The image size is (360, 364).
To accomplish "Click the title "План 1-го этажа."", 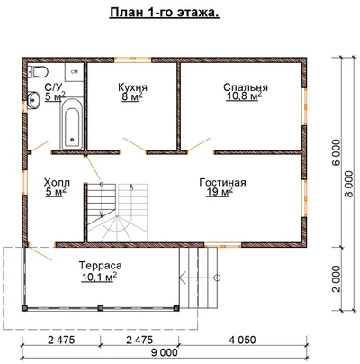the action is point(165,13).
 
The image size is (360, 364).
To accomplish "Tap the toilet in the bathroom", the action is point(38,72).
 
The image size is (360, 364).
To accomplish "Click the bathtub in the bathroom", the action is point(72,124).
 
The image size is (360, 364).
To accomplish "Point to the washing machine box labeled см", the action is point(74,72).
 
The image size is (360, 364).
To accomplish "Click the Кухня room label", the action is point(132,87).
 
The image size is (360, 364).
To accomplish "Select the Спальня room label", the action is point(246,87).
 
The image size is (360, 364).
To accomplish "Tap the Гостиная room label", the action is point(222,182).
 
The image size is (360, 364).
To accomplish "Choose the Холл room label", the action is point(57,182).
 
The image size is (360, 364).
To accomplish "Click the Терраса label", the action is point(101,266).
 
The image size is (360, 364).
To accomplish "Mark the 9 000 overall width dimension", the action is point(165,352).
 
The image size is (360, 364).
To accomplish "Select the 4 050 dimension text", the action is point(242,340).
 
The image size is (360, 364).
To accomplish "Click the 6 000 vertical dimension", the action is point(337,152).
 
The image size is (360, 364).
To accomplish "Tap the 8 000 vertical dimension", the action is point(349,184).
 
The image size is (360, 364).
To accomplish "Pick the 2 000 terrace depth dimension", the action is point(337,278).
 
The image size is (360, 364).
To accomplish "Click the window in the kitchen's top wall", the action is point(133,59).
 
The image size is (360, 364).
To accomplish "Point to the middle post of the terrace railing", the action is point(101,308).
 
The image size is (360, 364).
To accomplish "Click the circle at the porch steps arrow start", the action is point(218,278).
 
